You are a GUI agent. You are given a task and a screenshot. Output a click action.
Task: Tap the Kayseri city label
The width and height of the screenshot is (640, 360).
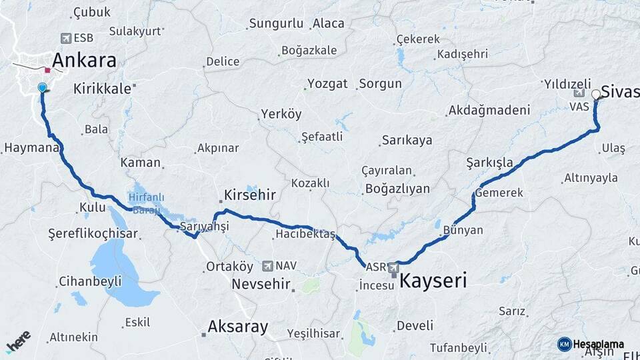[433, 281]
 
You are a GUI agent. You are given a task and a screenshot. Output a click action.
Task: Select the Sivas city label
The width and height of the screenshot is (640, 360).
[620, 91]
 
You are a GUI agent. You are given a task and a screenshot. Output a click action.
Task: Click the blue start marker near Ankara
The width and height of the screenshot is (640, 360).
[43, 87]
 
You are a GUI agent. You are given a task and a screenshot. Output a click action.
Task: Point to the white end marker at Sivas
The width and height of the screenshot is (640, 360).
[595, 95]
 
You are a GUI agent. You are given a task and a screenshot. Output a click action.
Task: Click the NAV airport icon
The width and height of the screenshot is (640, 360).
[267, 265]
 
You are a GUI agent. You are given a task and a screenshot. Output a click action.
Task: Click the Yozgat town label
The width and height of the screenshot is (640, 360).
[327, 84]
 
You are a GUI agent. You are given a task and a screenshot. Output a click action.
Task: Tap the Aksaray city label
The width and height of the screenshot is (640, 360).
[237, 327]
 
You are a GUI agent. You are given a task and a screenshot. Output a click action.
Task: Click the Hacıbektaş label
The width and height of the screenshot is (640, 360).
[305, 233]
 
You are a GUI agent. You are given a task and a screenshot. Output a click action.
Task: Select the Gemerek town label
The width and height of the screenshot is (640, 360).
[499, 192]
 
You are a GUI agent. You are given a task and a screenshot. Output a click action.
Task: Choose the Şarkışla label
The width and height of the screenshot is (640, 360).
[490, 163]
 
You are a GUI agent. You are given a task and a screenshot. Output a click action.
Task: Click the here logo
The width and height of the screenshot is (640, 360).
[18, 342]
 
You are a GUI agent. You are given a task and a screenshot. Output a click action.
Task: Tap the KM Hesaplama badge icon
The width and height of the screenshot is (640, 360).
[564, 344]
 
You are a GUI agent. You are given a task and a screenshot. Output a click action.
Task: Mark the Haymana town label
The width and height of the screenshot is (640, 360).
[31, 147]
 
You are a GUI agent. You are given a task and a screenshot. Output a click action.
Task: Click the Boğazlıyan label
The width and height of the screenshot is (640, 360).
[397, 189]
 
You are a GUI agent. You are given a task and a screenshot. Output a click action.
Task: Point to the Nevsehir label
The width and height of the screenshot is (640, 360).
[261, 285]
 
